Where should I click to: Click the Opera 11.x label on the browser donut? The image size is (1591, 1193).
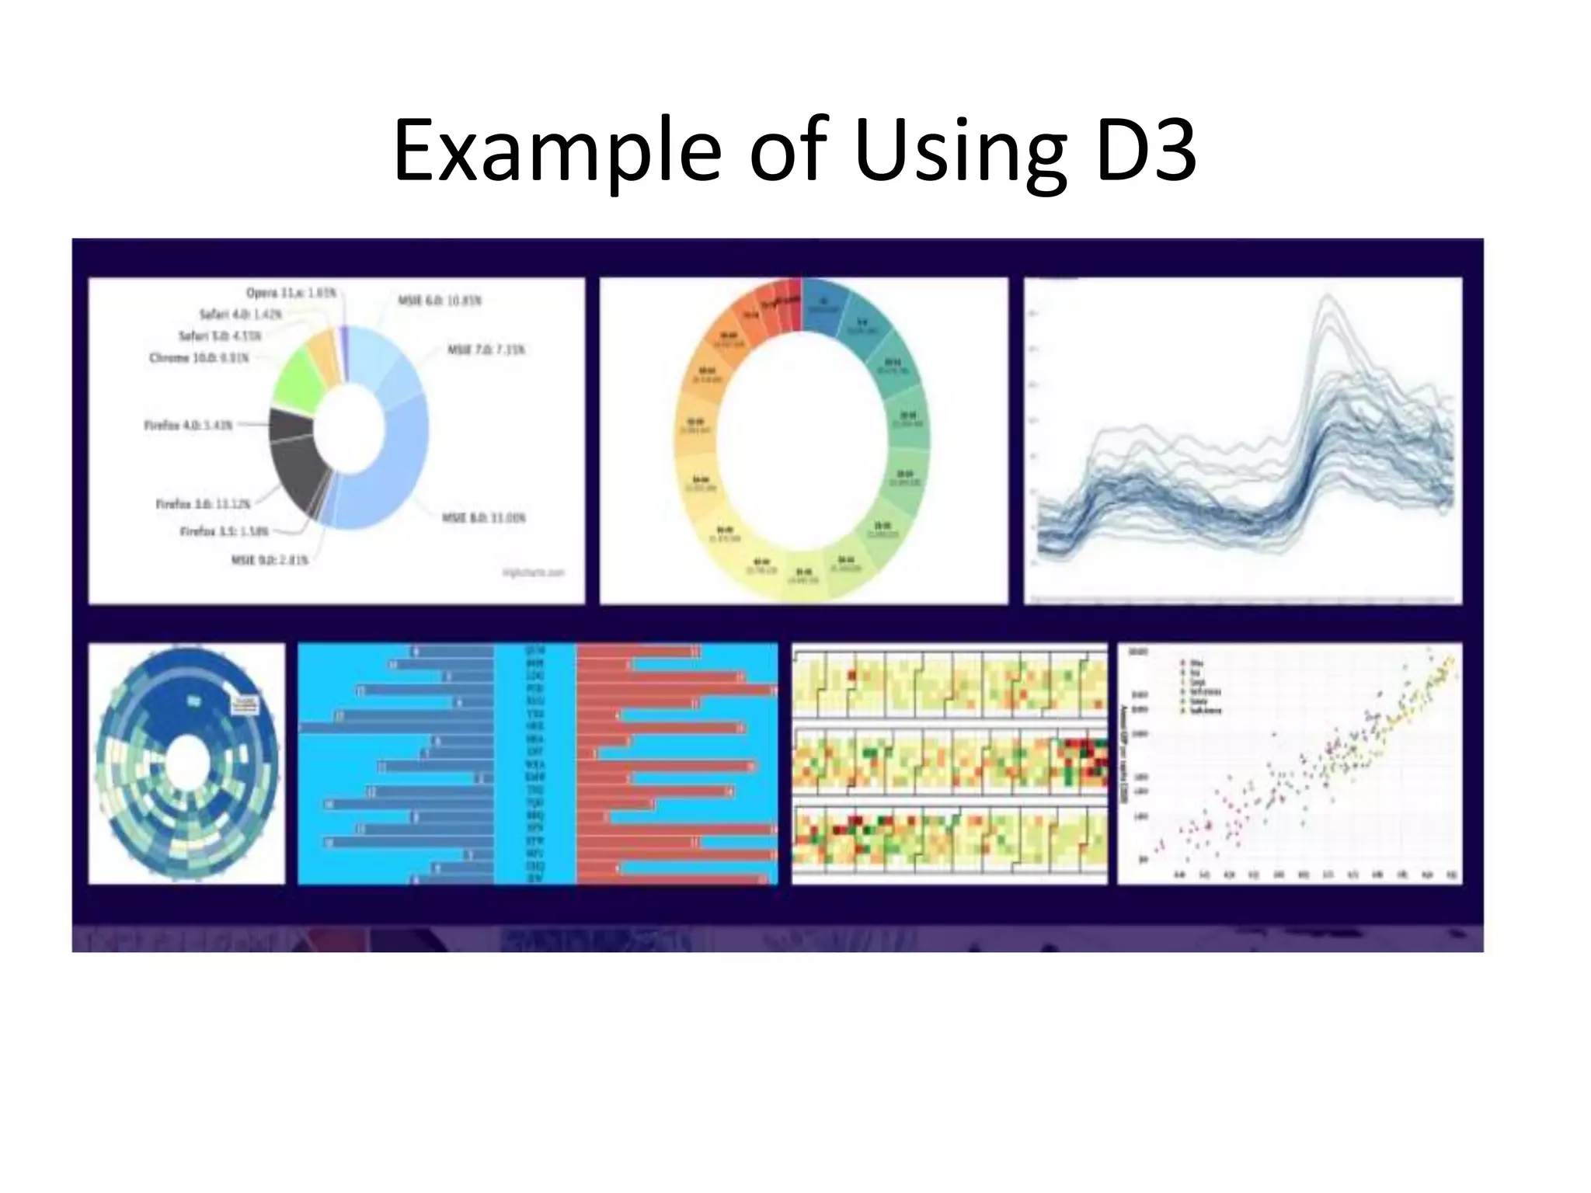(291, 293)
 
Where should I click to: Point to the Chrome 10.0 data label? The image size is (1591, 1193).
(199, 358)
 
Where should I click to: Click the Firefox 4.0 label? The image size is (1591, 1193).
(188, 426)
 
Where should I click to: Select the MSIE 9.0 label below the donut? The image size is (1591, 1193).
(270, 559)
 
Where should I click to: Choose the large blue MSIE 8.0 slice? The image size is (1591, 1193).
(388, 474)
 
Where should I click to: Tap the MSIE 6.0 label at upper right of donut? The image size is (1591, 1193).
(440, 300)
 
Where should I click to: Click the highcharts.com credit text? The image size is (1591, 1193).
(533, 572)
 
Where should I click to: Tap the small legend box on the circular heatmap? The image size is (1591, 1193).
(247, 704)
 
